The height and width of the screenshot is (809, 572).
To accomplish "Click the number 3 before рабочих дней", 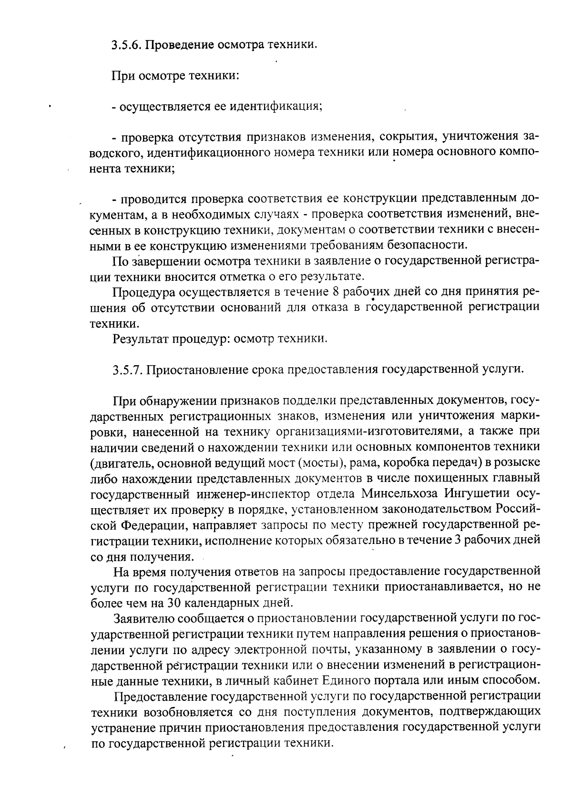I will (458, 540).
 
